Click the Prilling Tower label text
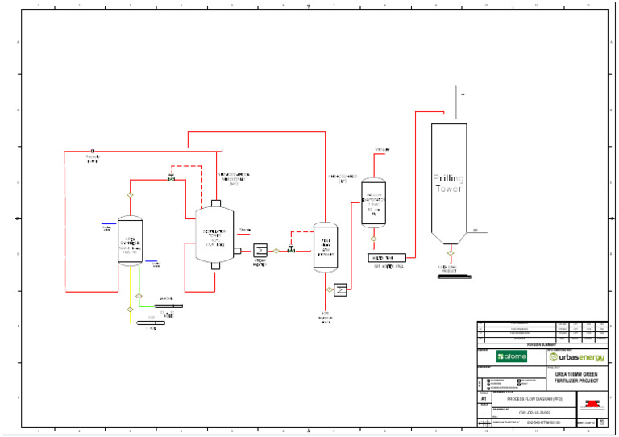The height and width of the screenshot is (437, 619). coord(449,183)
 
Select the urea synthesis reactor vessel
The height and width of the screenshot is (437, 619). coord(129,240)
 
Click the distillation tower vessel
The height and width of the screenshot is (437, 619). coord(214,235)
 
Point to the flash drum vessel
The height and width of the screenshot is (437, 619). coord(326,248)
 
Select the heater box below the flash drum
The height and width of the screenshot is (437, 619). coord(340,289)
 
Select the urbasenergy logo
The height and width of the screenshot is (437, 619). coord(576,356)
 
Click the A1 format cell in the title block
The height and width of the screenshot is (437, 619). coord(484,399)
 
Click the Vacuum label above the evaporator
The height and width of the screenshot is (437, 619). coord(382,150)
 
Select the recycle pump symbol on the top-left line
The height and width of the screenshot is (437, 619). coord(92,151)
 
